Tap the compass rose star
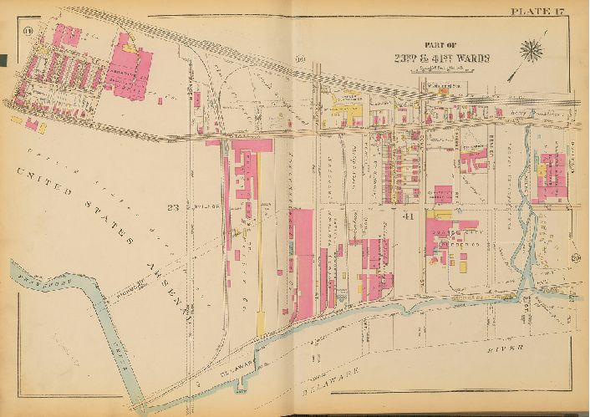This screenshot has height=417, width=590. point(532,50)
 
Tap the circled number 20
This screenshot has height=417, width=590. point(576,257)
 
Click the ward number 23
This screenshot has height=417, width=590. point(173,207)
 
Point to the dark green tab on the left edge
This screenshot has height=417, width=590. point(3,59)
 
